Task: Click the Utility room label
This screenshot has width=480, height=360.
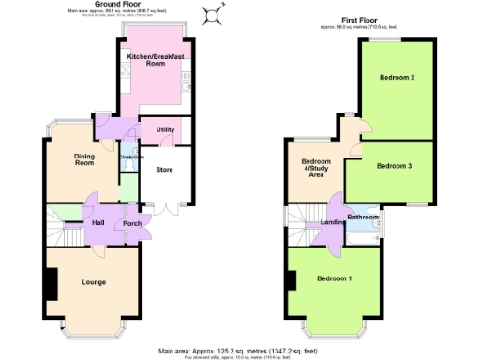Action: tap(165, 128)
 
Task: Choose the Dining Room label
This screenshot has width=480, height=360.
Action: tap(86, 159)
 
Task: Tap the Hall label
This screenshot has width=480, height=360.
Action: tap(98, 224)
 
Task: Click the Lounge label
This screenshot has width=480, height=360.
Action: tap(94, 282)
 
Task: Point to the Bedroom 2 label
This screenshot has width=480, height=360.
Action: tap(397, 78)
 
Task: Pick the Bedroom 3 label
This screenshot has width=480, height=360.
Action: tap(394, 166)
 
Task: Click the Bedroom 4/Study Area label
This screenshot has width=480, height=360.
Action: tap(317, 167)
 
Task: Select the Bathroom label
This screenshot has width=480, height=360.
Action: tap(363, 217)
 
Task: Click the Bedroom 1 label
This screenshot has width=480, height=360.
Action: tap(335, 278)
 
